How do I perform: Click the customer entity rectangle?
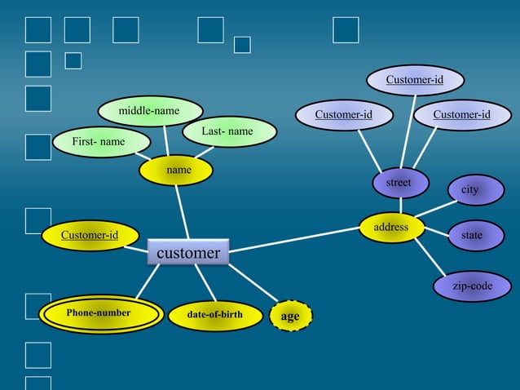(x=188, y=253)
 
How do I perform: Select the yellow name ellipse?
(x=177, y=171)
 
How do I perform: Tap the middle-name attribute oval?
(x=149, y=110)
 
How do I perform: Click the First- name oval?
(x=99, y=142)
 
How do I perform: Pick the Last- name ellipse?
(x=227, y=131)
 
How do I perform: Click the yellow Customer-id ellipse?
(x=90, y=236)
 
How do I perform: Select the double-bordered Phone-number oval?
(x=99, y=313)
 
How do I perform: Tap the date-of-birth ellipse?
(x=215, y=315)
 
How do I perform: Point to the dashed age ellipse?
(x=290, y=316)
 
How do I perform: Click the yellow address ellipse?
(x=391, y=227)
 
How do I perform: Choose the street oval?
(x=399, y=183)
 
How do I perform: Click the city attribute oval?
(x=470, y=190)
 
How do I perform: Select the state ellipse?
(x=472, y=236)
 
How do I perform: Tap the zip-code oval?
(x=473, y=286)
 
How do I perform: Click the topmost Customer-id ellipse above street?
(x=415, y=80)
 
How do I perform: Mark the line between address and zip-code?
(x=430, y=256)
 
